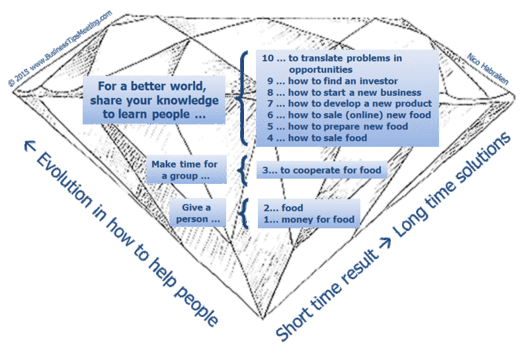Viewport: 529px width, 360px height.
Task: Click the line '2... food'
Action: click(281, 208)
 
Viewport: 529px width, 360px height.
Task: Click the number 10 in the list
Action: click(267, 58)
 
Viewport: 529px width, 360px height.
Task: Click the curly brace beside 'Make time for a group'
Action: click(245, 170)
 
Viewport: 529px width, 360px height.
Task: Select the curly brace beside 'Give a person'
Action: click(245, 213)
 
